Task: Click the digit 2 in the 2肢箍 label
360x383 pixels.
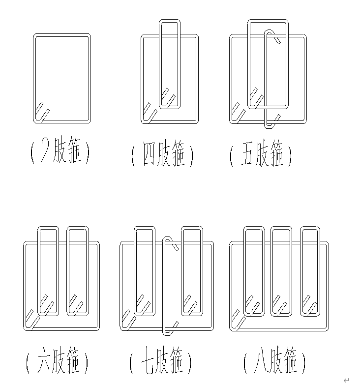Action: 45,153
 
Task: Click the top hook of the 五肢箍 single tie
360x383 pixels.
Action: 275,37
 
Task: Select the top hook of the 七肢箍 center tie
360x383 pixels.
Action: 171,243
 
